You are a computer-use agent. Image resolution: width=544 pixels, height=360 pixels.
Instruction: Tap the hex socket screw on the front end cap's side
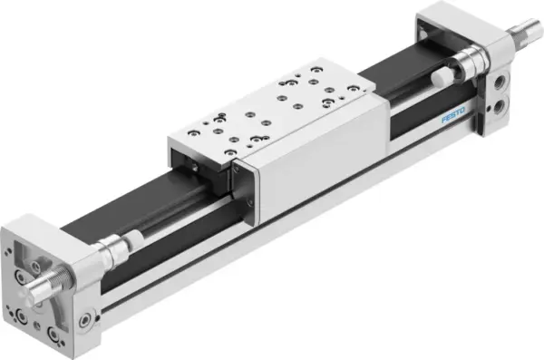[x=86, y=320]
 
